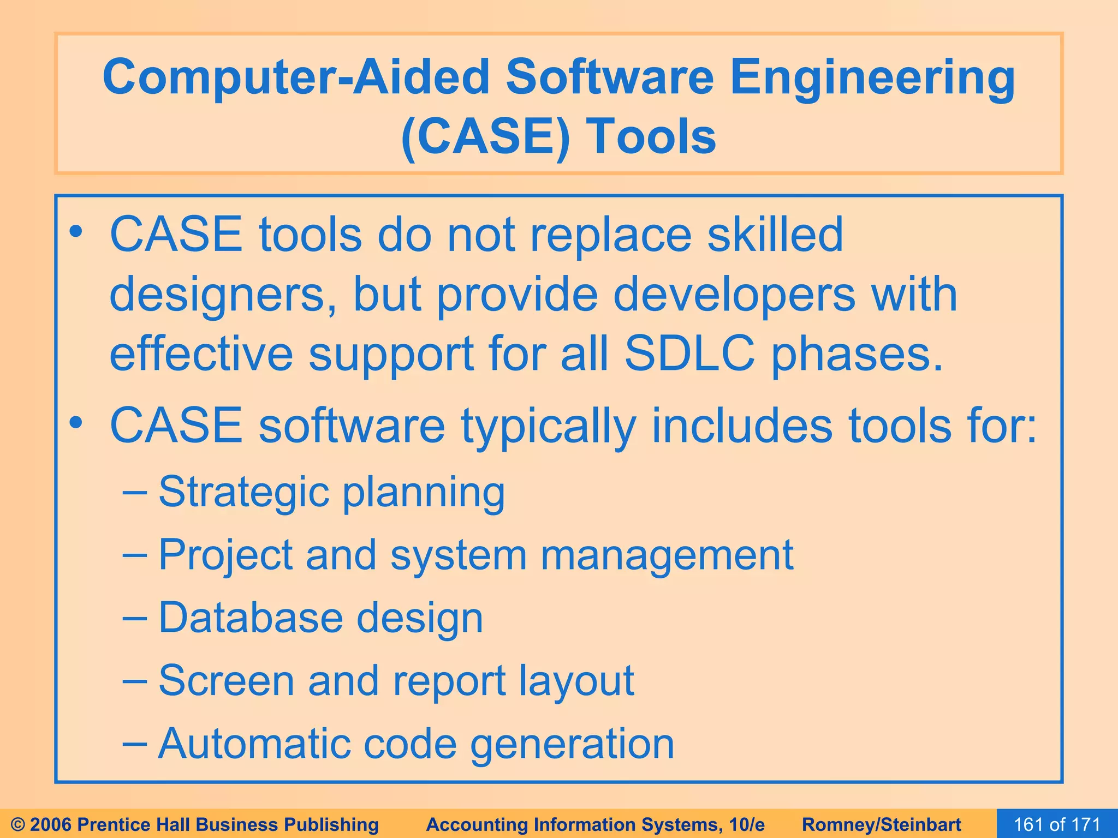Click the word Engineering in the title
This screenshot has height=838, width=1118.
[x=872, y=78]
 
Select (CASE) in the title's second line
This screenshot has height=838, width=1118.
[x=485, y=137]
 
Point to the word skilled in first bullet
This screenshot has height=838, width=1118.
[x=775, y=235]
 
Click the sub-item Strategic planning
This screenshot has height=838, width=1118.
[x=331, y=492]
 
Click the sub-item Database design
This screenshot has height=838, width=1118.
[x=320, y=618]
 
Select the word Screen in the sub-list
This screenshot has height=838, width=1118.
[x=226, y=680]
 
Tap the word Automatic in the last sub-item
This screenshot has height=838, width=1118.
[x=253, y=744]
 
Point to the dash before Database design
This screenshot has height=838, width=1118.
[x=134, y=618]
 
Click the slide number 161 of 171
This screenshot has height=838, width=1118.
[x=1057, y=824]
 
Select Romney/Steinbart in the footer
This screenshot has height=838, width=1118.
[x=882, y=824]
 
